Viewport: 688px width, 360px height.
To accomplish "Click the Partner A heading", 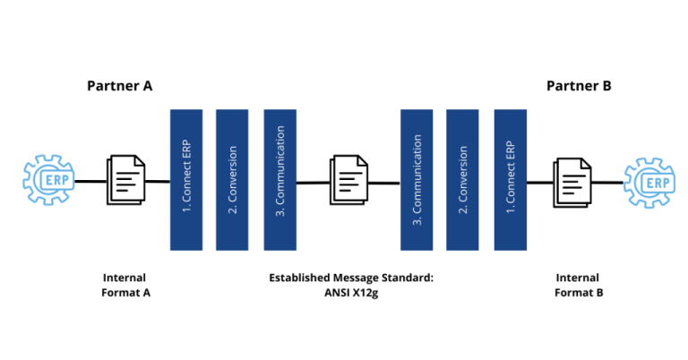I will coord(119,86).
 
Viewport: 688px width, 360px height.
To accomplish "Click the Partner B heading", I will coord(579,86).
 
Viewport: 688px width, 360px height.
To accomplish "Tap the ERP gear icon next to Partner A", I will coord(46,180).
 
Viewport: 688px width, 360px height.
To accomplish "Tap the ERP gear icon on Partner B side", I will coord(648,182).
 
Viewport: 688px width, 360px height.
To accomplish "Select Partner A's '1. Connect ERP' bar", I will coord(185,180).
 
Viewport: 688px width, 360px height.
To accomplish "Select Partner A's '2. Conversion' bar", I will coord(232,180).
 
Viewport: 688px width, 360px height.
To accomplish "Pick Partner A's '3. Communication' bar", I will coord(279,180).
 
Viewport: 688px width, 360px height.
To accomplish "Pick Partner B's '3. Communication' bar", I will coord(417,180).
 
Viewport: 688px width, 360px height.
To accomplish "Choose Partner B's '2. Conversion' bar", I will coord(462,180).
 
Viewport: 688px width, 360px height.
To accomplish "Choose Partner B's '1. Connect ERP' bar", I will coord(510,180).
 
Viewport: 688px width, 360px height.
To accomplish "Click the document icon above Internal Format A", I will coord(125,180).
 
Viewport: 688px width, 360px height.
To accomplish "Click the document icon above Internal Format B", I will coord(572,181).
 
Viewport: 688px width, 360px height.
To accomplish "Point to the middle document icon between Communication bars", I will coord(348,180).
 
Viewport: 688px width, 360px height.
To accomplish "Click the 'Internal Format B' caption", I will coord(578,286).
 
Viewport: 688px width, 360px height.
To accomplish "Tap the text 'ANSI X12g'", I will coord(351,294).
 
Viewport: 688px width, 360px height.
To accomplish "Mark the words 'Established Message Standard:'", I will coord(351,278).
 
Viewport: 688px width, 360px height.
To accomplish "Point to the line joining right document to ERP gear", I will coord(609,183).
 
